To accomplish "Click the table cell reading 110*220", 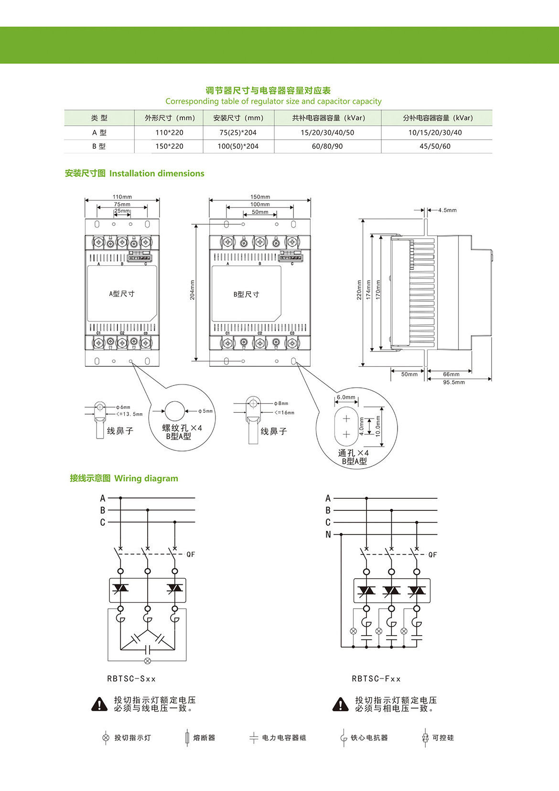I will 169,132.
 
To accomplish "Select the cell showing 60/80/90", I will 327,146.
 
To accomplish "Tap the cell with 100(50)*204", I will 238,146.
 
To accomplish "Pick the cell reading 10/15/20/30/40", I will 435,132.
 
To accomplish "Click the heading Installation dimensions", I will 157,174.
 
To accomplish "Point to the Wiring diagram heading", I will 146,478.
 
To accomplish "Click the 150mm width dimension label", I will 260,197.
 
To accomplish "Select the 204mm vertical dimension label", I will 193,290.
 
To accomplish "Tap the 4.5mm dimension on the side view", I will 447,210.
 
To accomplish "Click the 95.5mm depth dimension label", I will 453,383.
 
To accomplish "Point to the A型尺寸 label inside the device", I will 122,294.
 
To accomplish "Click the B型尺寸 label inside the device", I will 246,294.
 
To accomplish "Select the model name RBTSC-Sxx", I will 131,679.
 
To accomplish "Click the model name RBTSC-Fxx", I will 376,679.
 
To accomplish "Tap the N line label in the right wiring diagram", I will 328,535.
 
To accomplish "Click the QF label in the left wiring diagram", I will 191,554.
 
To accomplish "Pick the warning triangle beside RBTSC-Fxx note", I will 340,704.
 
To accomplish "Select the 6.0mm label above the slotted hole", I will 346,397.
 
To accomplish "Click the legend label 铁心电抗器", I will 369,738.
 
